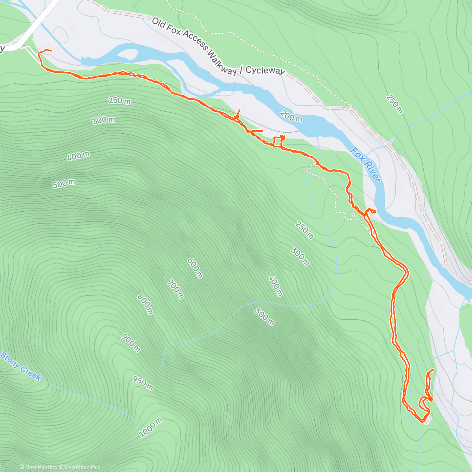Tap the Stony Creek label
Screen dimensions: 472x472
click(x=20, y=366)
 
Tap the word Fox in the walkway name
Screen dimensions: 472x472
click(x=176, y=31)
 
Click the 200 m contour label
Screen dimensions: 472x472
click(x=291, y=116)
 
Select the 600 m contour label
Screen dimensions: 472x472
click(x=195, y=268)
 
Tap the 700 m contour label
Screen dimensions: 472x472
click(x=175, y=289)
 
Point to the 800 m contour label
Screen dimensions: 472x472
click(x=145, y=304)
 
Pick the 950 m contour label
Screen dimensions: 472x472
click(x=142, y=383)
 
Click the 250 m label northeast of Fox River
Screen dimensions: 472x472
click(x=395, y=104)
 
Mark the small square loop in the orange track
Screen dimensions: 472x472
click(x=278, y=141)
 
